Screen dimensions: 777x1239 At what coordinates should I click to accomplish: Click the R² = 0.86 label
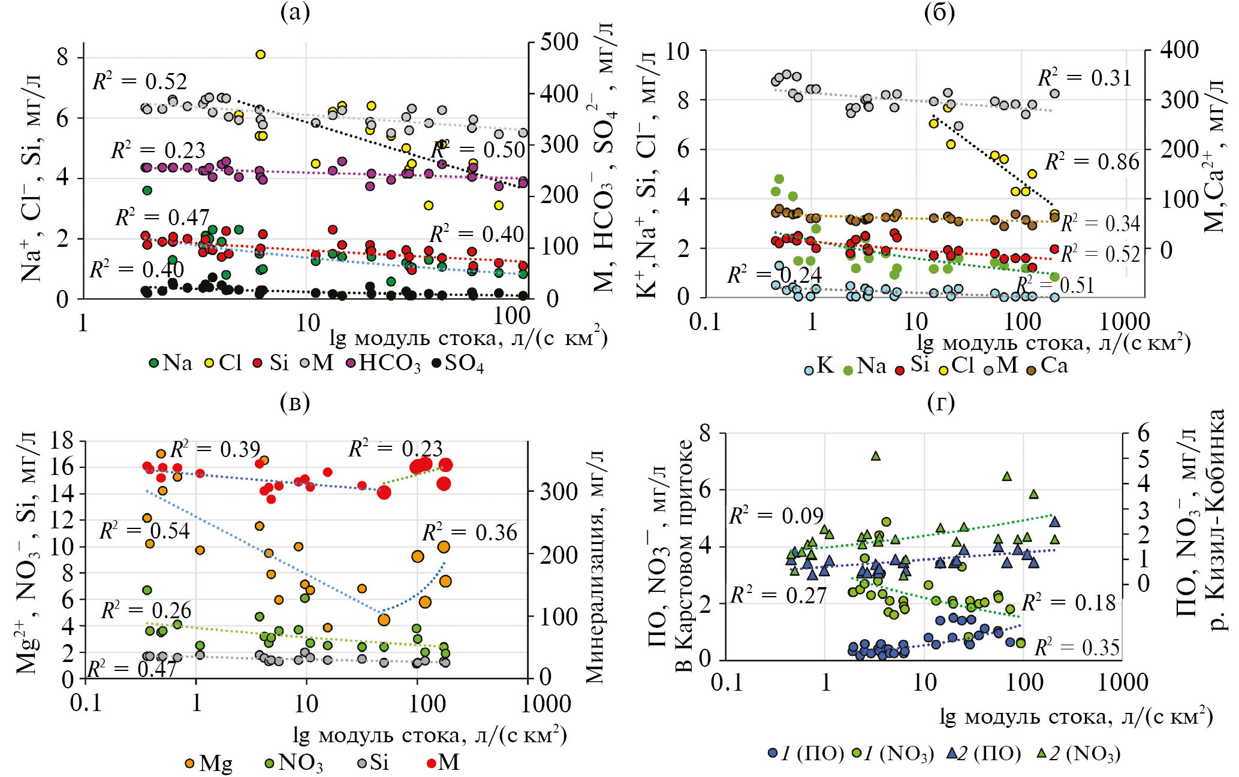tap(1092, 162)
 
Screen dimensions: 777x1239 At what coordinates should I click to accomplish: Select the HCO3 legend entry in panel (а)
tap(384, 364)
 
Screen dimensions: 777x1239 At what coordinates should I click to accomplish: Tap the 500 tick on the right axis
tap(559, 43)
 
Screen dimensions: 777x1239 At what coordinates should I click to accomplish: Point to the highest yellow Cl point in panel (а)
tap(260, 55)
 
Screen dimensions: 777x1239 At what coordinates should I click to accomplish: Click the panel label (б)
tap(939, 13)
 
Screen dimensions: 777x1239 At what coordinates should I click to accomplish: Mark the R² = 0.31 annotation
tap(1084, 78)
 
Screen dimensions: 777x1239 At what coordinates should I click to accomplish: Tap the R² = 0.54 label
tap(144, 531)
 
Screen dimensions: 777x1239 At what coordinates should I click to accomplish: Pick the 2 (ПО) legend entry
tap(983, 754)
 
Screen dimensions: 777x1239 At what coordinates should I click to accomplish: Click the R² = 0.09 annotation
tap(776, 516)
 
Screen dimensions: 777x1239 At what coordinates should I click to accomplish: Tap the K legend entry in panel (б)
tap(819, 366)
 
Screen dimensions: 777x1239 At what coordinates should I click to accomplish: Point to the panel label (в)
tap(294, 403)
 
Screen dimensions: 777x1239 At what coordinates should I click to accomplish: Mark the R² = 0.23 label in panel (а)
tap(158, 150)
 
